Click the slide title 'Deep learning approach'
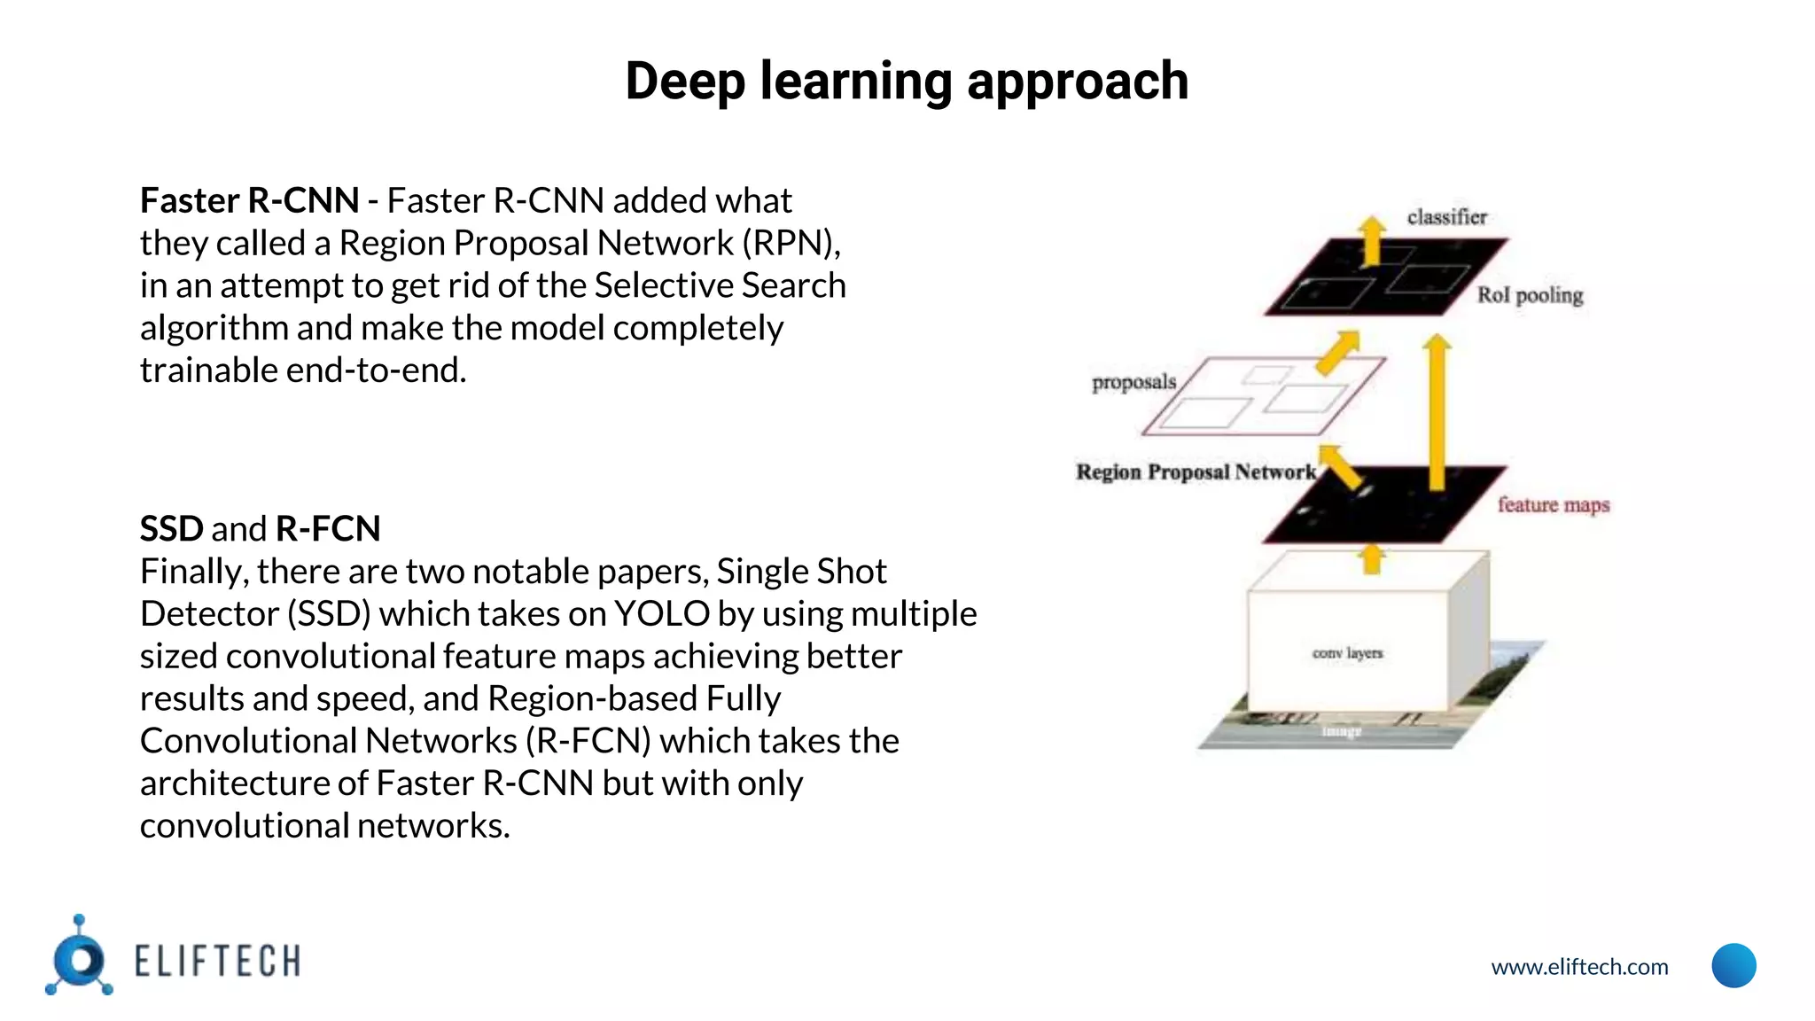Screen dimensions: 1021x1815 [x=907, y=82]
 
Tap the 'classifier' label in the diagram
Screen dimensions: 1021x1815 [x=1446, y=217]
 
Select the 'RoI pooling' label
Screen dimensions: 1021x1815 [x=1530, y=295]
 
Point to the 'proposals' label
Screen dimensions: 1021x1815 [x=1133, y=382]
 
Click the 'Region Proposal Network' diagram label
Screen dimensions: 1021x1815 [x=1196, y=472]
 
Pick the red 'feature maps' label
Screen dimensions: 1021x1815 [x=1553, y=505]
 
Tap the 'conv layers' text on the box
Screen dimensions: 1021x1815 [x=1347, y=653]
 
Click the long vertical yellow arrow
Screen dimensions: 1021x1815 [x=1437, y=412]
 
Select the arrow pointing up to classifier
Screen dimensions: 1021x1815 [x=1372, y=240]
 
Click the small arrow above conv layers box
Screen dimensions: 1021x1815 [x=1372, y=558]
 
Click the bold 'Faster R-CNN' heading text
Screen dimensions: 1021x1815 [x=249, y=201]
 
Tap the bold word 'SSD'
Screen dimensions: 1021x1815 [x=172, y=529]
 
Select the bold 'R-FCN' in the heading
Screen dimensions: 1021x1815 [x=328, y=529]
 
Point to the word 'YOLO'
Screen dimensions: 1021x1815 [x=662, y=614]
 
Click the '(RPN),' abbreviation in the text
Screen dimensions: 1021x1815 [x=791, y=244]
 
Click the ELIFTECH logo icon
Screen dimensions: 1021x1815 [x=80, y=957]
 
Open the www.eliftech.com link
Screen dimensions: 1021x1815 [x=1579, y=967]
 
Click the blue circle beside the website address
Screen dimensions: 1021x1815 [x=1733, y=965]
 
